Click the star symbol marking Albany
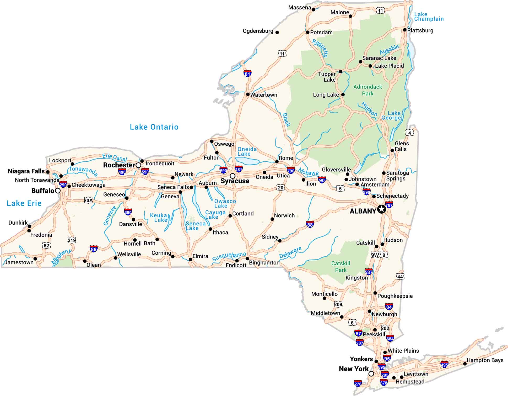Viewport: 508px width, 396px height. click(382, 209)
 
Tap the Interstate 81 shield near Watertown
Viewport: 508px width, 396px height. click(247, 73)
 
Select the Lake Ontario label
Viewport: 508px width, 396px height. click(154, 127)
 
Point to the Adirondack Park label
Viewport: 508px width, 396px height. click(368, 90)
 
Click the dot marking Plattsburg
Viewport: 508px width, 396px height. click(405, 30)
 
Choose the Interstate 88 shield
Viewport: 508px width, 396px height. click(310, 224)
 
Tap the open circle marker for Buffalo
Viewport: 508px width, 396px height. click(58, 191)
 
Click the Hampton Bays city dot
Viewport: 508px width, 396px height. click(465, 364)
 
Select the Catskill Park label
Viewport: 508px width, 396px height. click(341, 267)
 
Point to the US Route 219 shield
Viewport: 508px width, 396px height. click(72, 240)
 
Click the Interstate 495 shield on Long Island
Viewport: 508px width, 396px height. click(444, 365)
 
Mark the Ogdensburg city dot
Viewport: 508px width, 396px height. click(277, 33)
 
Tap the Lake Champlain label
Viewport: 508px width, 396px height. click(429, 17)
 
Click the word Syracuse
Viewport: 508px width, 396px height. click(235, 181)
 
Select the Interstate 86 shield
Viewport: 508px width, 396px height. click(94, 249)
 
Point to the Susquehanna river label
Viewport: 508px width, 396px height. click(229, 256)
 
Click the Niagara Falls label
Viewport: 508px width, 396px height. click(26, 171)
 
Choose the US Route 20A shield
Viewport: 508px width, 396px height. click(88, 201)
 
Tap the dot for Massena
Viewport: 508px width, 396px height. click(314, 10)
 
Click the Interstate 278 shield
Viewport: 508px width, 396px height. click(358, 384)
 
